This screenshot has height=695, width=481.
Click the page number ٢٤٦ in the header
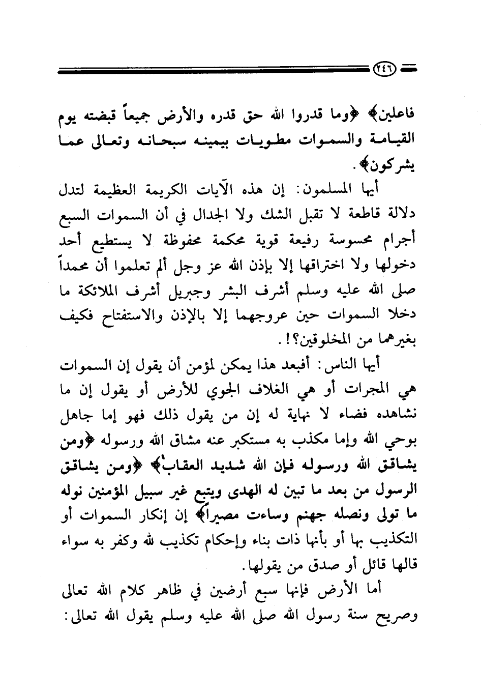click(385, 68)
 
